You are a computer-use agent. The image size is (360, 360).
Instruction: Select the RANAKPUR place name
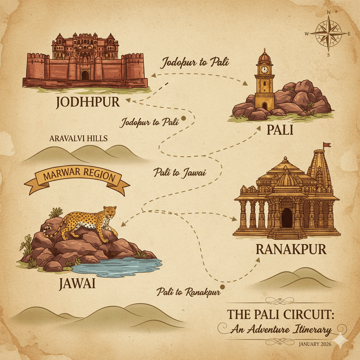291,249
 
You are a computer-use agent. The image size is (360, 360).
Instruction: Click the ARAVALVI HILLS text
78,139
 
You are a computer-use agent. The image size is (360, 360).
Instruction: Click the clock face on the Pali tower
264,70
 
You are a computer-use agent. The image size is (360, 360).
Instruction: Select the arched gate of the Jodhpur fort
85,75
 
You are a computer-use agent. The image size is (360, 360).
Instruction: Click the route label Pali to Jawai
180,173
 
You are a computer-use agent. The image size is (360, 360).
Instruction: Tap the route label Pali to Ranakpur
188,291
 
